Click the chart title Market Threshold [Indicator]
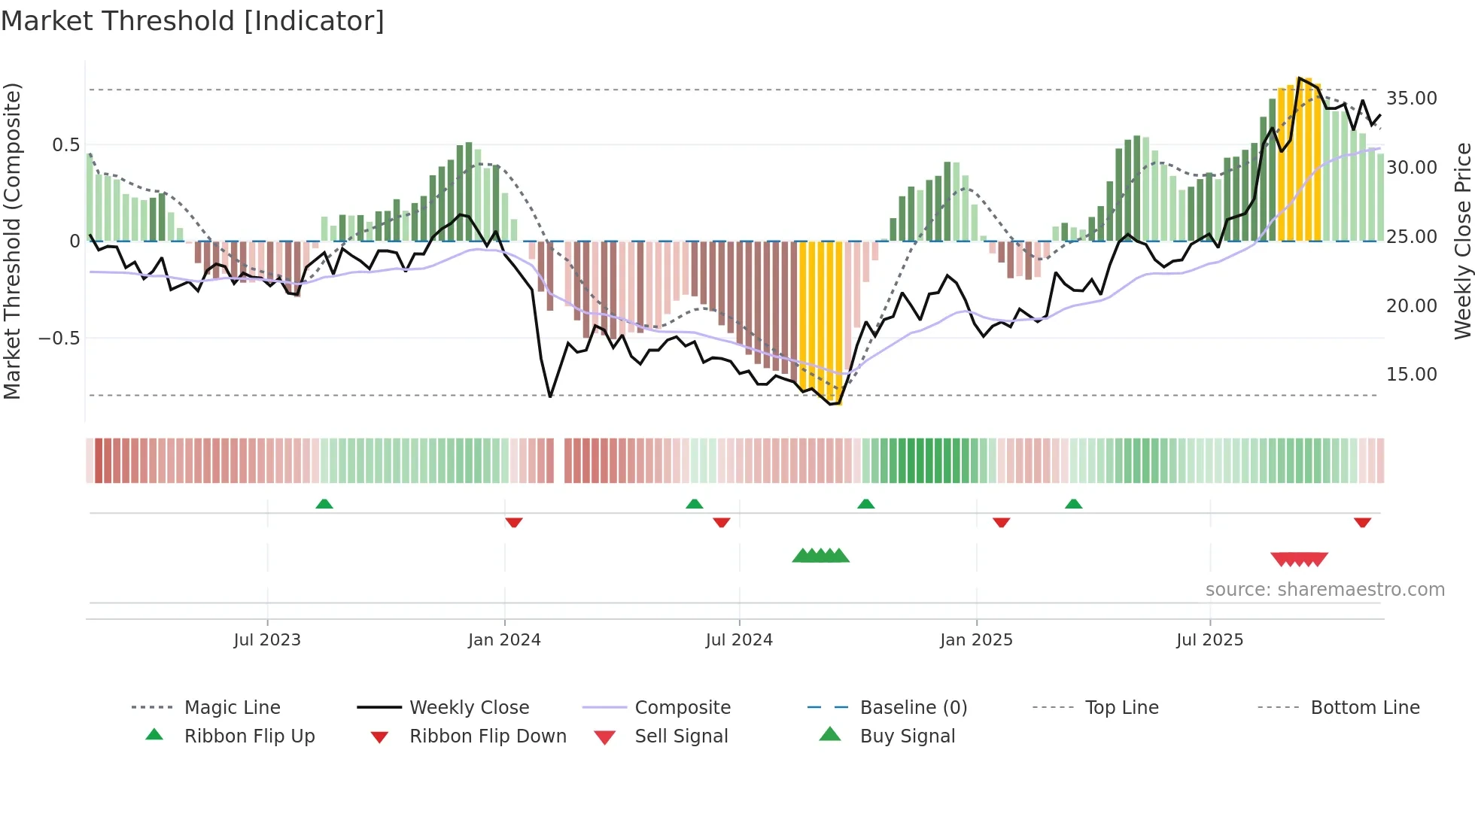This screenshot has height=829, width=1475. point(193,21)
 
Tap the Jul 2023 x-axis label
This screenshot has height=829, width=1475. point(267,640)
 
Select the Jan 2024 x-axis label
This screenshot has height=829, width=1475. point(504,640)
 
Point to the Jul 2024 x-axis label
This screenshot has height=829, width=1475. point(739,640)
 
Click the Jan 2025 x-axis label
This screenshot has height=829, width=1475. point(976,640)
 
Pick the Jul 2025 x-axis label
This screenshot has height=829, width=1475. point(1210,640)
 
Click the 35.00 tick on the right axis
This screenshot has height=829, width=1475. point(1412,99)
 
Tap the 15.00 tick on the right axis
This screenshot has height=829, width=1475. point(1412,375)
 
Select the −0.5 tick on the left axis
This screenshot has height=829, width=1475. point(59,339)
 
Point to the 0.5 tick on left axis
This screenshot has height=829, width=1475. point(65,145)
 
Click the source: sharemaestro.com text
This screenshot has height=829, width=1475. point(1324,590)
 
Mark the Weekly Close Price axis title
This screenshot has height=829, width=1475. point(1462,241)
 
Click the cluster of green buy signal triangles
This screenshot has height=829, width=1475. point(821,556)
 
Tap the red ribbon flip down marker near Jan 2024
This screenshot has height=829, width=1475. point(514,522)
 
